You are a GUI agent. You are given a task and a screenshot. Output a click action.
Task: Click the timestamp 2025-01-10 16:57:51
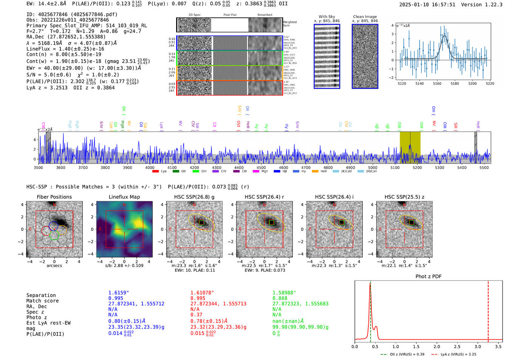tap(427, 5)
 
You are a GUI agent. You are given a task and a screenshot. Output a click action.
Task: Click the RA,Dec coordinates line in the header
tap(66, 37)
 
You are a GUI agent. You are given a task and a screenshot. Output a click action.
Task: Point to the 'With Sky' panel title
tap(326, 17)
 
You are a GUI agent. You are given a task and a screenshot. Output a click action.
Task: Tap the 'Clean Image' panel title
tap(365, 17)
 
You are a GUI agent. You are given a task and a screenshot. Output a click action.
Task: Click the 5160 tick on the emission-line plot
tap(437, 83)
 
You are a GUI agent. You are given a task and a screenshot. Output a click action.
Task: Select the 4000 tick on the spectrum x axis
tap(150, 168)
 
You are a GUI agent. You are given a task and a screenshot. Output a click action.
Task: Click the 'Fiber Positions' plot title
tap(54, 197)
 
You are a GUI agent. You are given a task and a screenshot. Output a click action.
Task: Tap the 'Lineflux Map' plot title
tap(124, 197)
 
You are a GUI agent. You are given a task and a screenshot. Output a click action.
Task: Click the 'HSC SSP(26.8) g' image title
tap(194, 197)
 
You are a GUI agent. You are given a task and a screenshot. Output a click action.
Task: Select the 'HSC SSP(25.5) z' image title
tap(404, 197)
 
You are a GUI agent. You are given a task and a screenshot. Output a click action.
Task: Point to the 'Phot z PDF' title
tap(428, 277)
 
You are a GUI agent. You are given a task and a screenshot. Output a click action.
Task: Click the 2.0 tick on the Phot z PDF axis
tap(436, 346)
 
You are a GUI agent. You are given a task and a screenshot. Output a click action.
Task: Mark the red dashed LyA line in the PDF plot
tap(488, 310)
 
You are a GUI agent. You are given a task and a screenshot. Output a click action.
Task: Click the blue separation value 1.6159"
tap(119, 293)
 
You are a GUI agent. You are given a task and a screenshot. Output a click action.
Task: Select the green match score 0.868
tap(280, 298)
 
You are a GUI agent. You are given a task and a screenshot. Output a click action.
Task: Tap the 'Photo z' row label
tap(37, 317)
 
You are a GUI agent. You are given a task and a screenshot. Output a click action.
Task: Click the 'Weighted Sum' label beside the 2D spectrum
tap(290, 24)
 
